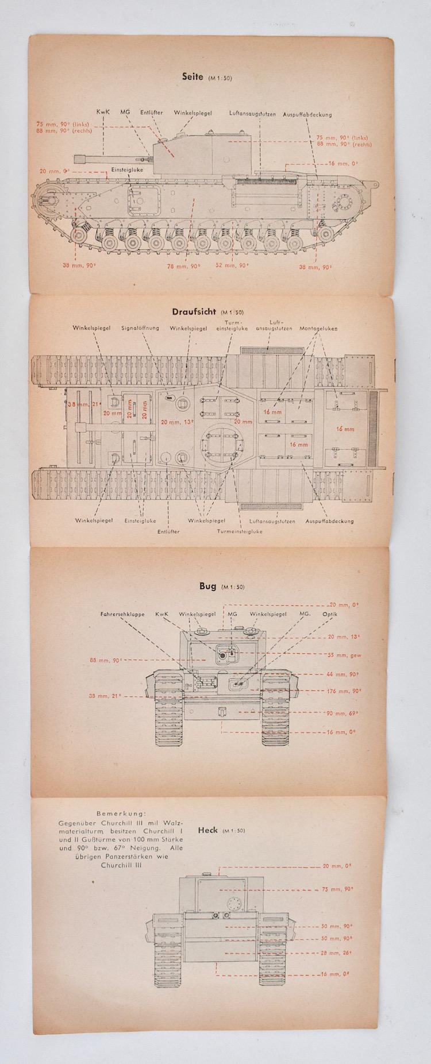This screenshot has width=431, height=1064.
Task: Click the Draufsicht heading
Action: (194, 312)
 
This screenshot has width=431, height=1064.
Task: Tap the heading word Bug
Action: (207, 586)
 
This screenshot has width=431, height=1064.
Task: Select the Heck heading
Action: (207, 830)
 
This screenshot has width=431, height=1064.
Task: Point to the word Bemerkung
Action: (121, 813)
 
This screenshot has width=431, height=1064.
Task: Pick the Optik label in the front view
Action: (330, 614)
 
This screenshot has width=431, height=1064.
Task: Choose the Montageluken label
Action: (318, 329)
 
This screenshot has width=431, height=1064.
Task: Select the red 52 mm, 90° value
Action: (232, 265)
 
